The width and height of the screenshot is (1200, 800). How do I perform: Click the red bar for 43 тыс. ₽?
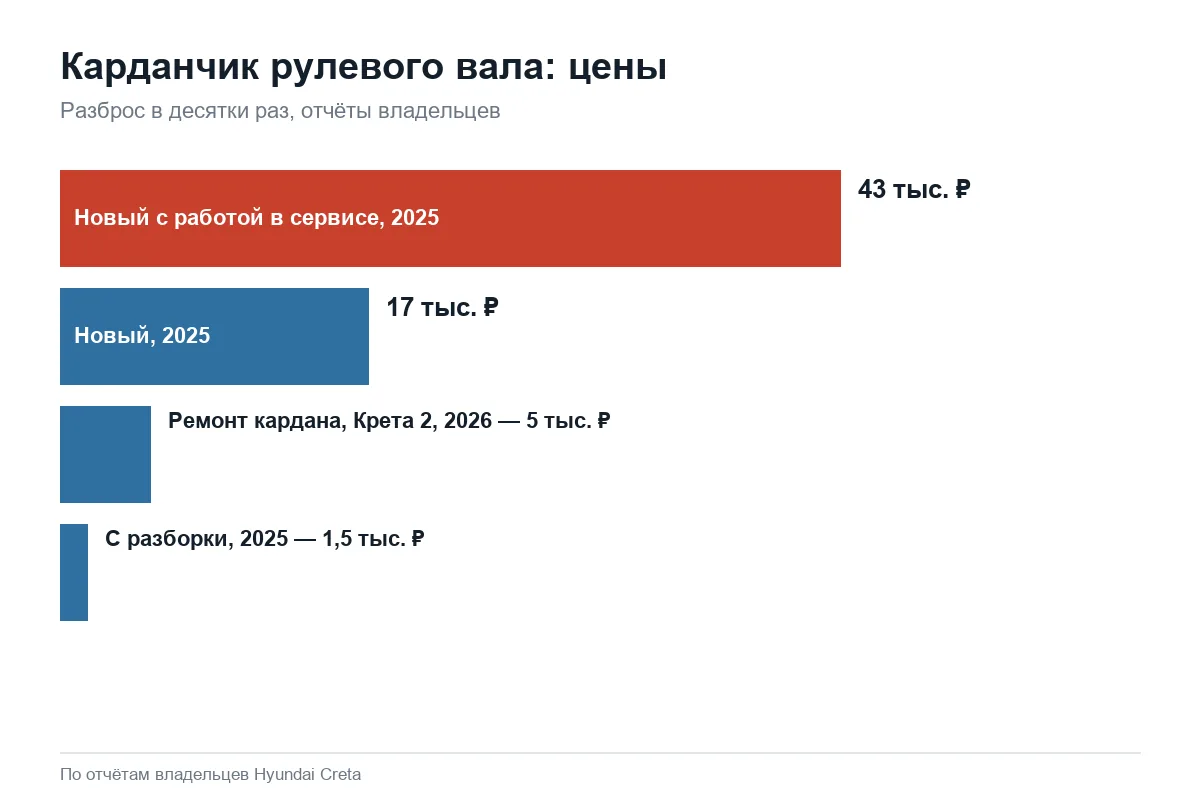[450, 218]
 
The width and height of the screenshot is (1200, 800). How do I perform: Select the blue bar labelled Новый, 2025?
[214, 336]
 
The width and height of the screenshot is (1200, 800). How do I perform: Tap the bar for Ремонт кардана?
[106, 454]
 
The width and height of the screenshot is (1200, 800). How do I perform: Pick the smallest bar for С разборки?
[74, 572]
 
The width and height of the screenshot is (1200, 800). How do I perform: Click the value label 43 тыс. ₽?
[914, 190]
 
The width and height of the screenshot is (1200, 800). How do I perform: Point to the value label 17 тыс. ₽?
[442, 308]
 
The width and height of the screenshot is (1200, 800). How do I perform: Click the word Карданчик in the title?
[160, 67]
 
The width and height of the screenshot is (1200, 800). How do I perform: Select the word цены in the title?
[618, 69]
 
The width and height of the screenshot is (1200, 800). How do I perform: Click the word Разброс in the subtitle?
[103, 111]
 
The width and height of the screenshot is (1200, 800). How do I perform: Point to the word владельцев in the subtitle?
[439, 111]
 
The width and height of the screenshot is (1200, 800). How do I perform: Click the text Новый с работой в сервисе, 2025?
[257, 218]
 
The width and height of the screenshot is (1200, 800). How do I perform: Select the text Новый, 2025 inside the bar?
[142, 335]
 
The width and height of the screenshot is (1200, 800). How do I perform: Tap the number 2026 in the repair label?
[468, 421]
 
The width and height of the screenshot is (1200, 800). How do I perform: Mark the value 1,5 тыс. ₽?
[373, 539]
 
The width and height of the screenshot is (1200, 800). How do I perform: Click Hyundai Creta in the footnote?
[308, 775]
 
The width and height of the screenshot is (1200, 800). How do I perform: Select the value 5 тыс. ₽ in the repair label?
[568, 421]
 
